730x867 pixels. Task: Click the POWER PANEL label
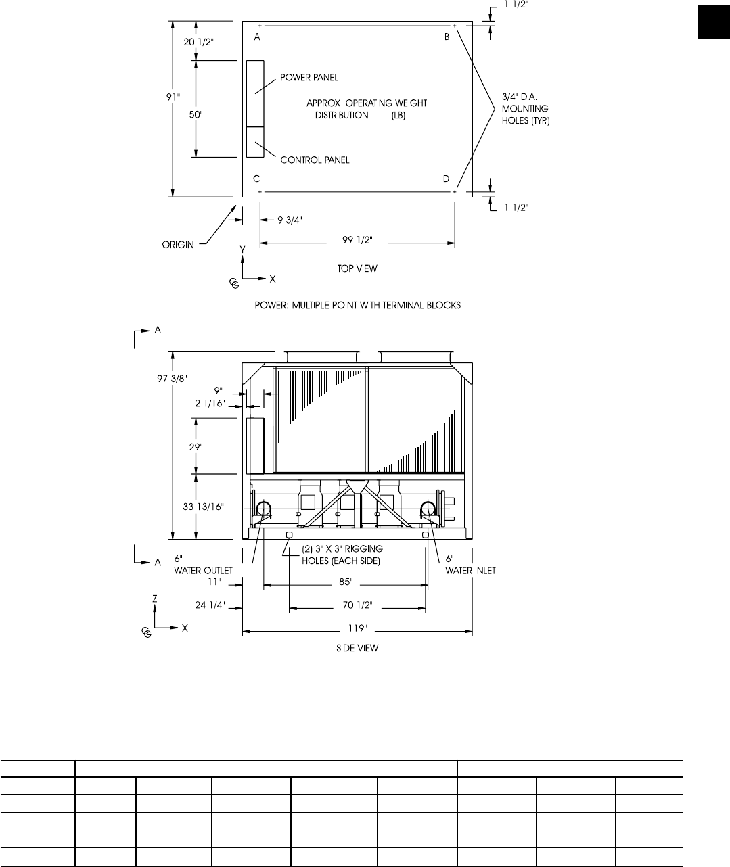click(309, 78)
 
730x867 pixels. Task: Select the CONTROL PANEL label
click(315, 160)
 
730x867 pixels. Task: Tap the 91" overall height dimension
click(174, 97)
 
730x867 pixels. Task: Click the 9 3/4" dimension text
click(289, 220)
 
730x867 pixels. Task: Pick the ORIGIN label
click(177, 245)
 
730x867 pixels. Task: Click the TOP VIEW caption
click(357, 268)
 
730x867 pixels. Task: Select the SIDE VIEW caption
click(357, 648)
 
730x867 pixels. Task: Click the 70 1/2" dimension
click(357, 606)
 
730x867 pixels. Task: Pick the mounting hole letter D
click(446, 179)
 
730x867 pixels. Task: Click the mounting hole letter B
click(447, 38)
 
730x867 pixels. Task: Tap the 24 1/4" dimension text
click(210, 605)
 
